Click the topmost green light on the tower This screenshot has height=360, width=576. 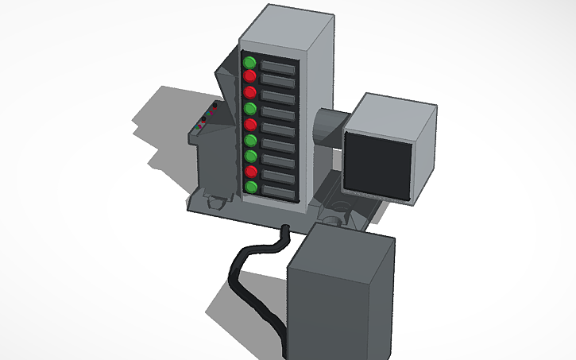[x=249, y=62]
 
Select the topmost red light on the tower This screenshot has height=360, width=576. [x=249, y=77]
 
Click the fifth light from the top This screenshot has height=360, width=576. [x=250, y=125]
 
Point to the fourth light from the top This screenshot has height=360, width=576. [x=250, y=109]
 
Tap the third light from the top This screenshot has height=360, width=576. [x=249, y=93]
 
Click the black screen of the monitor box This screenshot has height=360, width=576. [x=377, y=165]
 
